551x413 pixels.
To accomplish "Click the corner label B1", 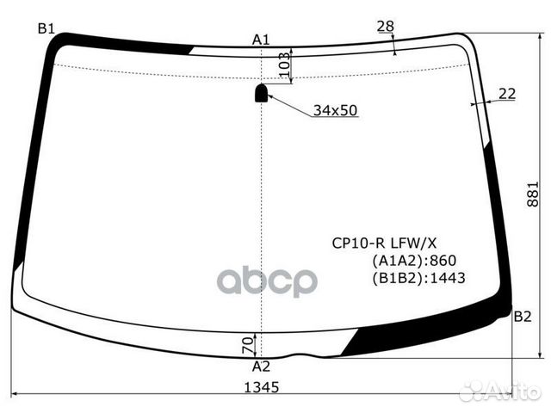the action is [46, 28].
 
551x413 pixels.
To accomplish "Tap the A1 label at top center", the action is [261, 40].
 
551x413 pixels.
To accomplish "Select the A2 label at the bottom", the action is [261, 367].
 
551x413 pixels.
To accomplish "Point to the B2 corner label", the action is [523, 317].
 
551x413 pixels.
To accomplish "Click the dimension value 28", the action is [386, 26].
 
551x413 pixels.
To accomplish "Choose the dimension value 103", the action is [285, 65].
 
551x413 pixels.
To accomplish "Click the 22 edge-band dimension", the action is [507, 94].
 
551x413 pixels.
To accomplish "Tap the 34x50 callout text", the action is [335, 111].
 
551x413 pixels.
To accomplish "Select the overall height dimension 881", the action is [533, 194].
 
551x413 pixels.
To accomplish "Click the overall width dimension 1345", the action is [262, 387].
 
